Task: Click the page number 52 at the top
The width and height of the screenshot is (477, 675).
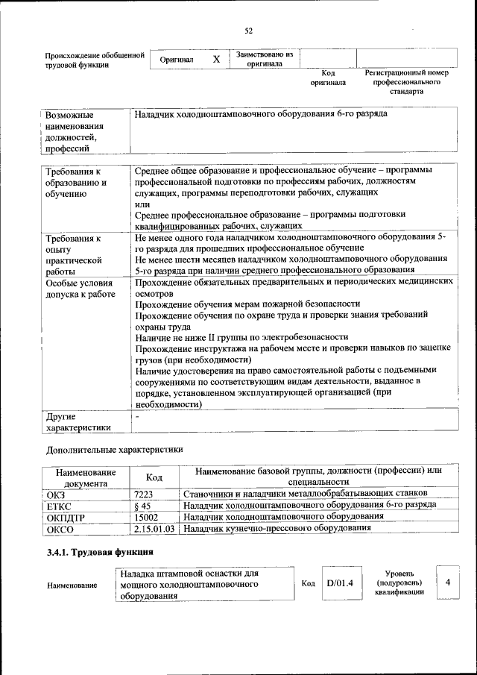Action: [249, 31]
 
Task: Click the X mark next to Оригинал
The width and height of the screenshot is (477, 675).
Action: [216, 59]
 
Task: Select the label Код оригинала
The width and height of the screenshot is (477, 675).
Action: [328, 78]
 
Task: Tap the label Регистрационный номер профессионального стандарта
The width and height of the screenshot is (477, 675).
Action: [406, 82]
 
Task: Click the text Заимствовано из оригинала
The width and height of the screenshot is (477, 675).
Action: [265, 59]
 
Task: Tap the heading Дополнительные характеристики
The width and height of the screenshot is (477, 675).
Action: [114, 450]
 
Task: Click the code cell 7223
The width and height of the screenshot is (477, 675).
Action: [144, 494]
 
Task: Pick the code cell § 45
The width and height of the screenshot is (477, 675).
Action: [142, 506]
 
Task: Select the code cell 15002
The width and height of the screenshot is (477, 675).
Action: [146, 517]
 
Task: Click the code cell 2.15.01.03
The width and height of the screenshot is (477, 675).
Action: [155, 528]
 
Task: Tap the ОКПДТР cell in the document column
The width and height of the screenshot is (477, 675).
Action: [67, 517]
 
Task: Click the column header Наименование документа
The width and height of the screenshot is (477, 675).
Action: [86, 477]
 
